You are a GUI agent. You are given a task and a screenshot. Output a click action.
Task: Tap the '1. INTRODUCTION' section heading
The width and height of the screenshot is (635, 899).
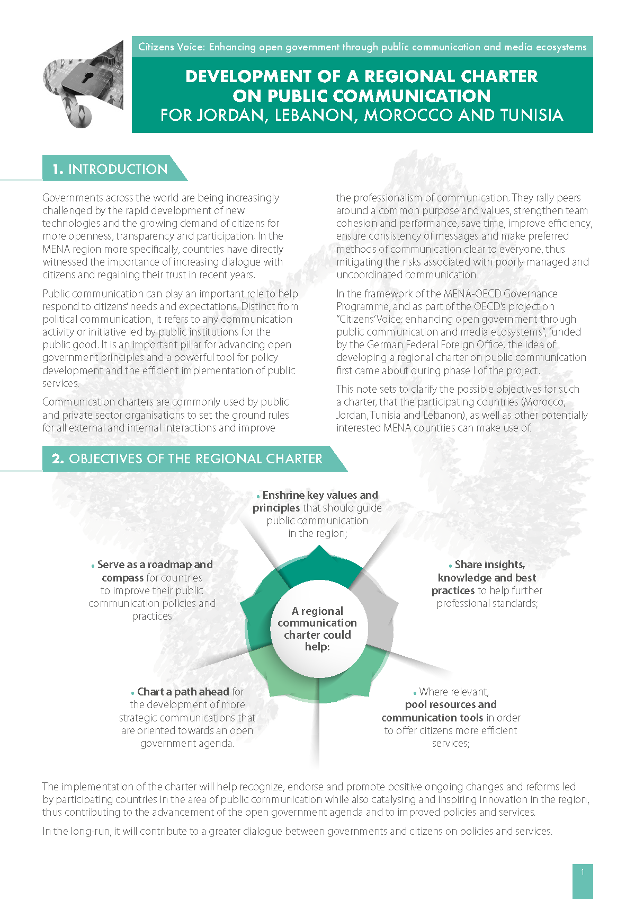pos(110,169)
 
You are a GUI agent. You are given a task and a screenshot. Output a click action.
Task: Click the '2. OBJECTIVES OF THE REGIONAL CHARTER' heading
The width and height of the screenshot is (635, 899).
pos(187,459)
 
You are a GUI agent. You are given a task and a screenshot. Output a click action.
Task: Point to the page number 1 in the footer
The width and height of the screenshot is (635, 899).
pos(583,872)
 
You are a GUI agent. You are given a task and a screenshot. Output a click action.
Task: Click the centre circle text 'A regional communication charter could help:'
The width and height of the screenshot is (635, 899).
pos(317,629)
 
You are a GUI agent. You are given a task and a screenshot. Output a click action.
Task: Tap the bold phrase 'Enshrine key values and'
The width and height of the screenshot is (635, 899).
pos(320,495)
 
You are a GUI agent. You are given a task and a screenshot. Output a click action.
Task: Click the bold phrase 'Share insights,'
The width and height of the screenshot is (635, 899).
pos(490,565)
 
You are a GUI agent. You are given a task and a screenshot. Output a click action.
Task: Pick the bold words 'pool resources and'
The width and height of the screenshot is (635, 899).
pos(451,704)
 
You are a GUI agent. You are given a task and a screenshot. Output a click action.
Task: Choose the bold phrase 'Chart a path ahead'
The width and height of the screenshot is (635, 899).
pos(183,692)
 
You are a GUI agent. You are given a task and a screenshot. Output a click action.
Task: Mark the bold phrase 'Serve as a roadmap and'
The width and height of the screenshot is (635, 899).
pos(155,565)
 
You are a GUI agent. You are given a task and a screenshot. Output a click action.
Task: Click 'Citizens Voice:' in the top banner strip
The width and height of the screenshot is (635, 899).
pos(171,47)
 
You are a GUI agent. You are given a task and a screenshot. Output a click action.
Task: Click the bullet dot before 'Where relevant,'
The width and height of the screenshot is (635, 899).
pos(415,693)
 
